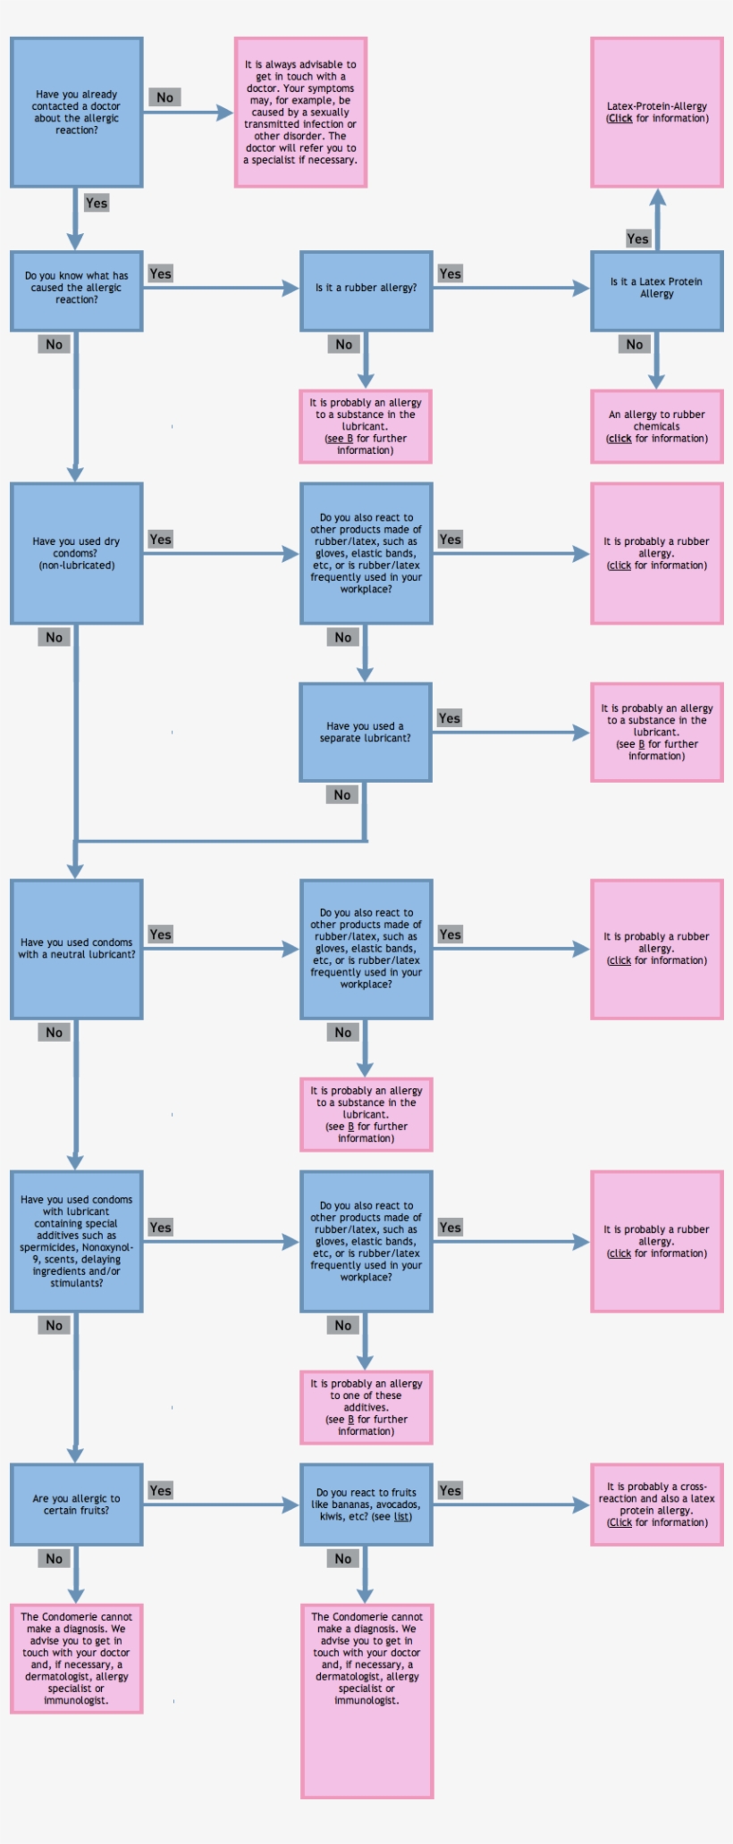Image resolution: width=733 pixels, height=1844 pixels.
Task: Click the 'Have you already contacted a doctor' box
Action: click(x=76, y=113)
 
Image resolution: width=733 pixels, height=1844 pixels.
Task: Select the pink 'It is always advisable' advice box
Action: click(x=300, y=113)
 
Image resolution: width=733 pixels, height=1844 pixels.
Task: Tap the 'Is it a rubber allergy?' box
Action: click(x=366, y=289)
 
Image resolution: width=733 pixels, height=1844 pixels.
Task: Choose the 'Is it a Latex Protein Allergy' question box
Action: click(x=656, y=289)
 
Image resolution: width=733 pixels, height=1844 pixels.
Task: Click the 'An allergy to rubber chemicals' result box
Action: click(x=656, y=426)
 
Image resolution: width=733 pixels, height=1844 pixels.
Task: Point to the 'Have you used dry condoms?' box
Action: click(x=76, y=553)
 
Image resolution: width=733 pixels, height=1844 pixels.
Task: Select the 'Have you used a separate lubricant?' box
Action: click(x=366, y=733)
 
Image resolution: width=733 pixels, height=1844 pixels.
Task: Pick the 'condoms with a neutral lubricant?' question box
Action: click(x=76, y=949)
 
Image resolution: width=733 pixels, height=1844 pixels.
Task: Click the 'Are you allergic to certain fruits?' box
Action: click(x=76, y=1505)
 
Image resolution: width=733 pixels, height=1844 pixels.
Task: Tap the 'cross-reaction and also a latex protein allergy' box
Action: click(x=656, y=1505)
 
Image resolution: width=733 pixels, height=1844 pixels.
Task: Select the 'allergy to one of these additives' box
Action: click(x=366, y=1407)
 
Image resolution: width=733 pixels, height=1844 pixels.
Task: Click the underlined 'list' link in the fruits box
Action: click(x=401, y=1517)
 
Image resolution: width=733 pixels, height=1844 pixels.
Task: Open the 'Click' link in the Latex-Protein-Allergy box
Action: click(x=620, y=119)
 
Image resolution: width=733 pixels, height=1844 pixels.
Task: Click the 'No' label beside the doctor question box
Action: click(x=164, y=97)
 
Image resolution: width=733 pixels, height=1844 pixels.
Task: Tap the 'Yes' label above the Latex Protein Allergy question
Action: click(x=637, y=239)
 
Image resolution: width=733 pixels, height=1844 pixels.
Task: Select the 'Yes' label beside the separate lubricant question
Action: click(x=450, y=718)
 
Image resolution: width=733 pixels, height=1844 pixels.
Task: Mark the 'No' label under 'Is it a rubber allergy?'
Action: click(x=344, y=345)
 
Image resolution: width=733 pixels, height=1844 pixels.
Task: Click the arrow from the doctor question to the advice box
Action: click(x=188, y=113)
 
